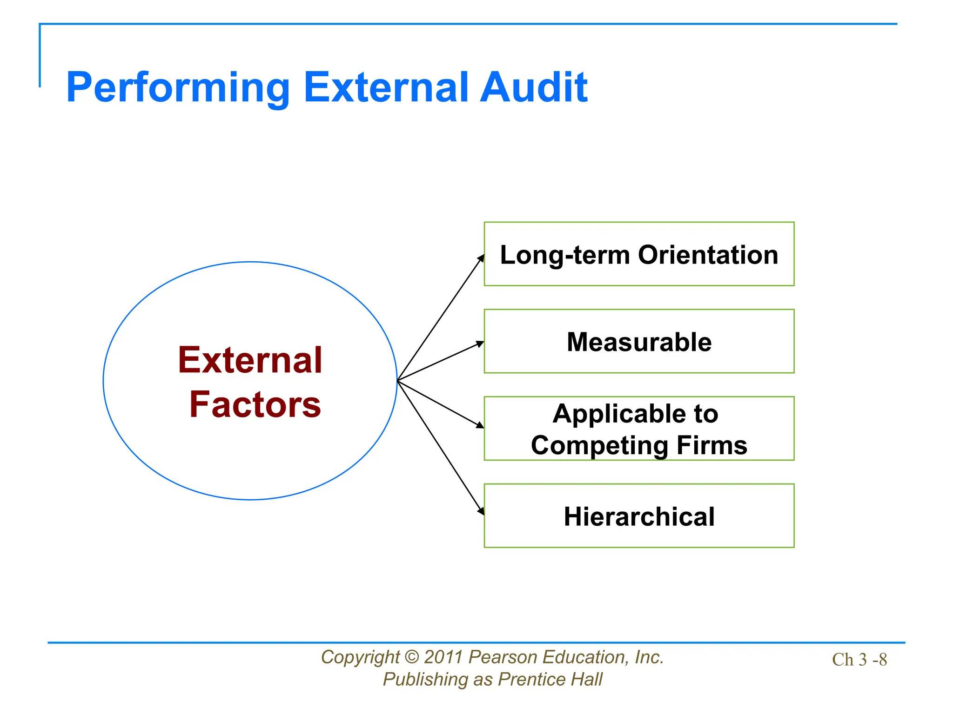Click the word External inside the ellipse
(x=250, y=360)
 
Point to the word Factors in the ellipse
(x=255, y=404)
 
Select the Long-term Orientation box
(x=639, y=254)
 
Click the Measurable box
(x=639, y=341)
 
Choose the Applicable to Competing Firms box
(x=639, y=428)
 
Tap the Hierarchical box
(x=639, y=516)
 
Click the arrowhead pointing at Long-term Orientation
(x=481, y=258)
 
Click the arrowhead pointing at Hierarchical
(x=481, y=511)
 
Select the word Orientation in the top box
(x=708, y=255)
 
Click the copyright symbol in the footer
(x=412, y=657)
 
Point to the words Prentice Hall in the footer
(x=550, y=680)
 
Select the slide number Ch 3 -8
(x=859, y=660)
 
